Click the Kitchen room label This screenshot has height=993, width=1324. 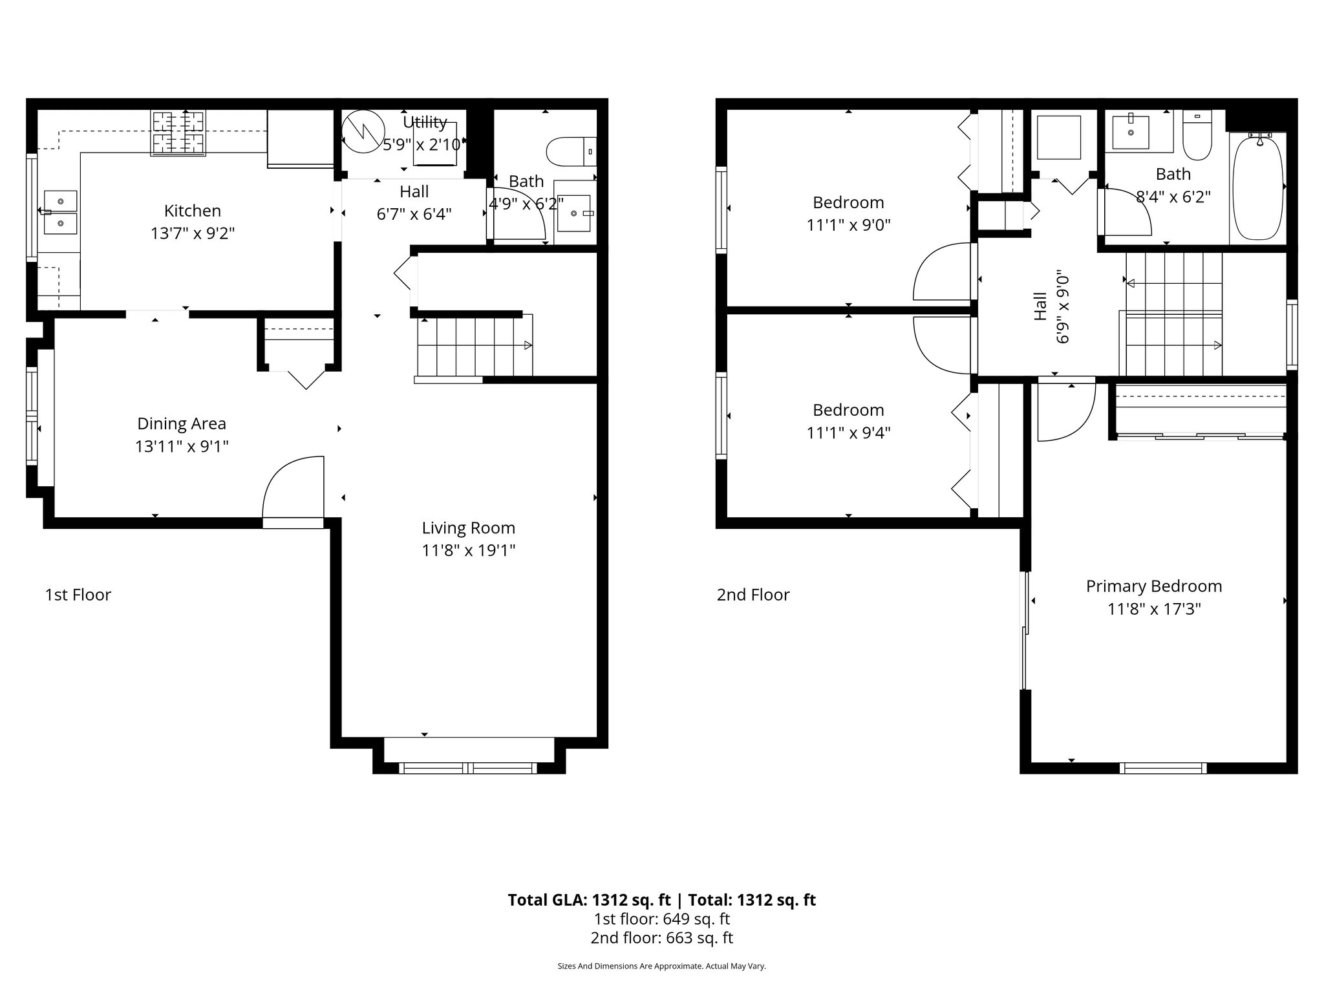[x=192, y=211]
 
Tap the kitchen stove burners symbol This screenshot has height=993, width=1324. [x=178, y=133]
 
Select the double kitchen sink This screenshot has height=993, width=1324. [x=60, y=212]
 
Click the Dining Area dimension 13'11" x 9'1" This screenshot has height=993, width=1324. [x=182, y=446]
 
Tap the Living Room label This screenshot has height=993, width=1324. [x=468, y=528]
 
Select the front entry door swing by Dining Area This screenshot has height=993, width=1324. [x=293, y=488]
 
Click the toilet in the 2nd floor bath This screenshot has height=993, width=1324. [x=1197, y=136]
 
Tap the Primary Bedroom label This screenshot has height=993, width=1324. [x=1153, y=586]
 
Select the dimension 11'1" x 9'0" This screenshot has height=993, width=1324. [x=848, y=225]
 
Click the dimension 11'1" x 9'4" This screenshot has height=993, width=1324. [x=848, y=432]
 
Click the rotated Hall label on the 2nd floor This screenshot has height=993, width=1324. [x=1040, y=306]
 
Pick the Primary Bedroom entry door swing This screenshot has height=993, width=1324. [x=1065, y=411]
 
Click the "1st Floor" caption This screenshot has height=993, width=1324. [x=78, y=595]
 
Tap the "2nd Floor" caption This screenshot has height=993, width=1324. [x=753, y=595]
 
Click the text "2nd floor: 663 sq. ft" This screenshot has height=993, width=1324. [x=661, y=938]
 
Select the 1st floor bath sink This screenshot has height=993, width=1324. [x=573, y=213]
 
